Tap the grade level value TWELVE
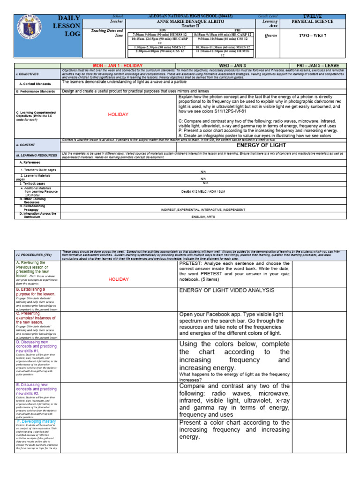(313, 16)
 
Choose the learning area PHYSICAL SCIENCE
(313, 22)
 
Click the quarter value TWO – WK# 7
(313, 35)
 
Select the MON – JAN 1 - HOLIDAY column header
(118, 65)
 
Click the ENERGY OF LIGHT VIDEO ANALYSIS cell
(227, 290)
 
